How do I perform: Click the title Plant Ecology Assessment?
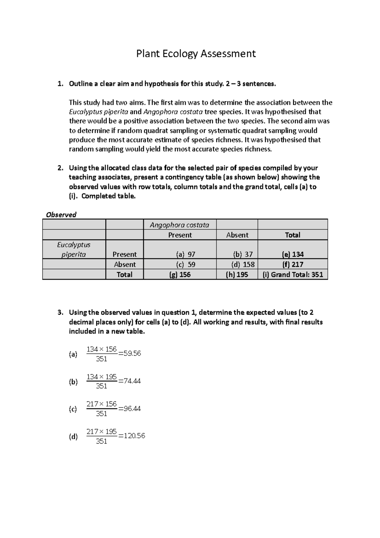[x=196, y=54]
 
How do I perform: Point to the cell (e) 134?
[x=293, y=254]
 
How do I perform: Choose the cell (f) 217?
[x=293, y=264]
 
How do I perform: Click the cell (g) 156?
[x=180, y=274]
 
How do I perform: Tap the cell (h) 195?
[x=237, y=274]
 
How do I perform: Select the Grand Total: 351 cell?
[x=293, y=274]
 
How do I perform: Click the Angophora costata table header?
[x=179, y=225]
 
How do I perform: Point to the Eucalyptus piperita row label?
[x=74, y=249]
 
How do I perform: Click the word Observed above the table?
[x=61, y=215]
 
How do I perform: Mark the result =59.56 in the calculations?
[x=130, y=353]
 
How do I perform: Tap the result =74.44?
[x=130, y=381]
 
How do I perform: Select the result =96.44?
[x=130, y=408]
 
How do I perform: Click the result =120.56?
[x=131, y=436]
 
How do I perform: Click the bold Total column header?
[x=293, y=235]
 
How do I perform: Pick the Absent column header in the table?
[x=237, y=235]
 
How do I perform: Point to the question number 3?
[x=60, y=312]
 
